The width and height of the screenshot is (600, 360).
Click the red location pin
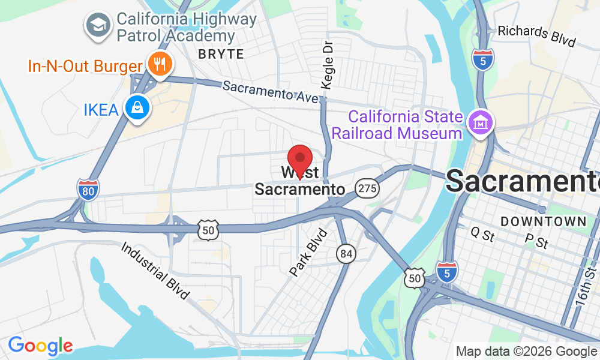click(x=300, y=159)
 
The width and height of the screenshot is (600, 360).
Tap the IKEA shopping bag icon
click(x=137, y=108)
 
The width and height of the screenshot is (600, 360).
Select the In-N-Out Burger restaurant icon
click(x=159, y=64)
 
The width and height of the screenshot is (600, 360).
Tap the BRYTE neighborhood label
click(x=221, y=54)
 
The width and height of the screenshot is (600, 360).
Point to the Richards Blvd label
click(x=537, y=36)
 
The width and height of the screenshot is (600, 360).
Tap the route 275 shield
click(x=367, y=188)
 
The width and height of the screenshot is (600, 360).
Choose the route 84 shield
click(x=346, y=253)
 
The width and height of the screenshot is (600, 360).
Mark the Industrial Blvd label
click(x=155, y=270)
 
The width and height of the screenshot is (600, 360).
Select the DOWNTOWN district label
click(x=544, y=221)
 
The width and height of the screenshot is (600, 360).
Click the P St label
click(x=537, y=242)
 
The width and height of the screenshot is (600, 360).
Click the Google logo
click(x=40, y=346)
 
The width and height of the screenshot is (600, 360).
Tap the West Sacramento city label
click(x=300, y=181)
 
